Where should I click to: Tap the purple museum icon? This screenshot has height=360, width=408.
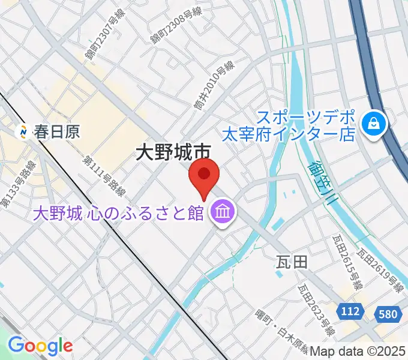click(223, 213)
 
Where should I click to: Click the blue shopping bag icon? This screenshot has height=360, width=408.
click(374, 124)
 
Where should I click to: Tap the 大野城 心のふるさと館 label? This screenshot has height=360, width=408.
click(118, 214)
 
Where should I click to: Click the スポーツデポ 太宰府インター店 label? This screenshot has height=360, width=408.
click(306, 124)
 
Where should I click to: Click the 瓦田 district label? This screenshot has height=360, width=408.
click(292, 262)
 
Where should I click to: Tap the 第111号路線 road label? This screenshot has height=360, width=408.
click(104, 176)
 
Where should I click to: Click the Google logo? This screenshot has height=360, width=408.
click(40, 346)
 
